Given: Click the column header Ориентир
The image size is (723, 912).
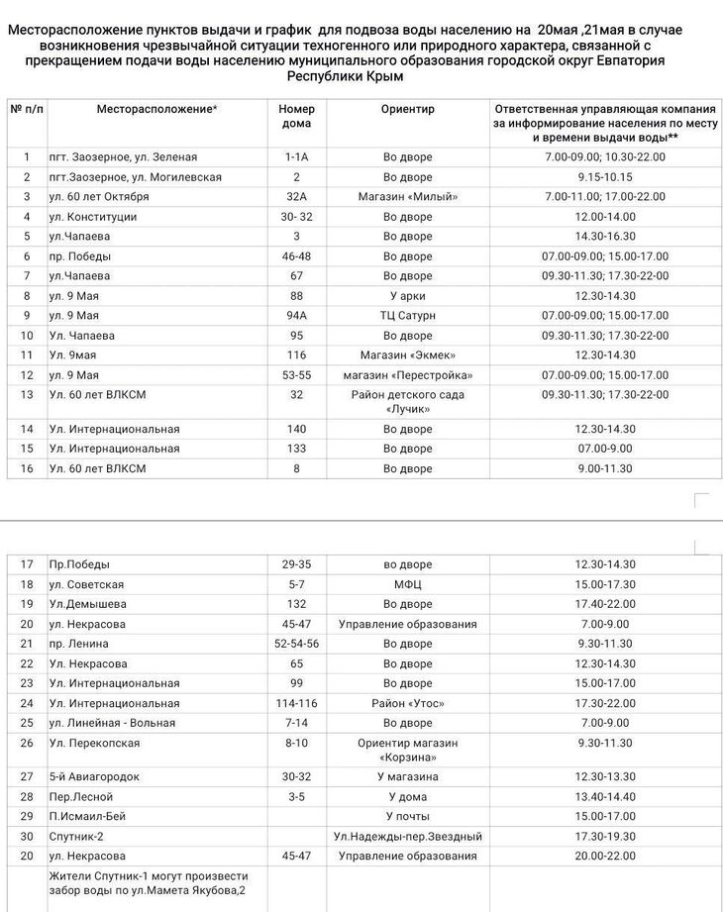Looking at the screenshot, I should tap(407, 109).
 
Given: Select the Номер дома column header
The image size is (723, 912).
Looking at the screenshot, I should tap(295, 116).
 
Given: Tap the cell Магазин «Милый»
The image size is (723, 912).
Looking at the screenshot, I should tap(407, 197).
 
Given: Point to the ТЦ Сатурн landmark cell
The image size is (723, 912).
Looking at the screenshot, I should tap(407, 316).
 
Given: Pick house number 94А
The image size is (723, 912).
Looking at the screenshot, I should tap(295, 316).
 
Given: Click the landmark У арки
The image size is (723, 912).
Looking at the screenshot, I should tap(407, 296).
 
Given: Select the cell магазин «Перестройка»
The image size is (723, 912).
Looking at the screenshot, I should tap(407, 375).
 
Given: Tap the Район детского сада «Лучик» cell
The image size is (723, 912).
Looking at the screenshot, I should tap(407, 401).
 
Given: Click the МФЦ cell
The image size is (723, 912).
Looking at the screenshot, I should tap(407, 584).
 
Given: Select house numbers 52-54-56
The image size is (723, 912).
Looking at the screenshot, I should tap(295, 644).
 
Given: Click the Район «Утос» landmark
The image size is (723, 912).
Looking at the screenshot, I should tap(407, 703).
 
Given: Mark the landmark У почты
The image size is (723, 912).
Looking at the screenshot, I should tap(407, 817).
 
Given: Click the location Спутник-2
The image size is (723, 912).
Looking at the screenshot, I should tap(78, 837).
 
